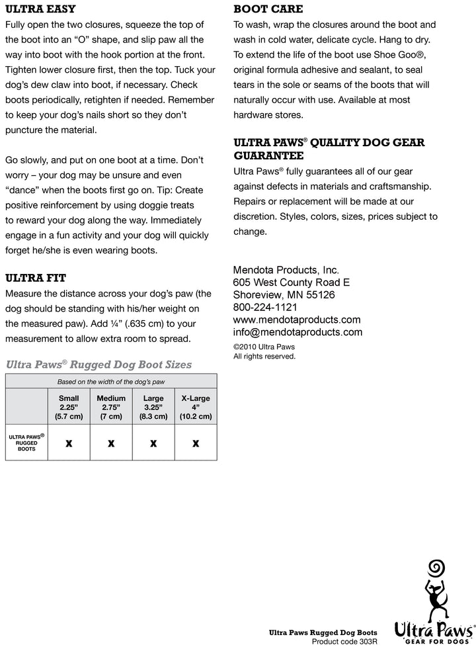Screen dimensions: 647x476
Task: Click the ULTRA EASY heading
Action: [x=40, y=9]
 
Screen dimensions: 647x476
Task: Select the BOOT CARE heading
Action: [x=268, y=9]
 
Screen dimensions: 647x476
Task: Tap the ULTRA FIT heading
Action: [x=36, y=278]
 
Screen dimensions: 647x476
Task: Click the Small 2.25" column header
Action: [x=69, y=408]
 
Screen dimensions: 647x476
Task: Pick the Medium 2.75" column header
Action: [x=111, y=408]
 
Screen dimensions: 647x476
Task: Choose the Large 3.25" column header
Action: [x=153, y=408]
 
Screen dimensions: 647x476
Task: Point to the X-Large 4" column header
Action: [x=196, y=408]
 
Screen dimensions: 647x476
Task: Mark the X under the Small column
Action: [x=69, y=444]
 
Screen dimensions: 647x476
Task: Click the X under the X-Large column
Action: [x=196, y=444]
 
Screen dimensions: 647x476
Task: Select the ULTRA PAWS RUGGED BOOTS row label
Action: [x=26, y=443]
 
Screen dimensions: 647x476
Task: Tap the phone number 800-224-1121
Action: [x=265, y=307]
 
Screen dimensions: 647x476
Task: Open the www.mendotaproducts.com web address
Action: [x=297, y=320]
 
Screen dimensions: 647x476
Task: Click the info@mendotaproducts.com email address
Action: [x=297, y=332]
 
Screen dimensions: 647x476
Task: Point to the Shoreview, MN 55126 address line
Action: [x=284, y=294]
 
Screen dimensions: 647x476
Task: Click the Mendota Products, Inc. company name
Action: [x=286, y=270]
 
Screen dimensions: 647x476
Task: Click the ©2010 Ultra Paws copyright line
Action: [x=264, y=346]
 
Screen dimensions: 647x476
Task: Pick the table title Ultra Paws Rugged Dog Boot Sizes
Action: [x=99, y=365]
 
